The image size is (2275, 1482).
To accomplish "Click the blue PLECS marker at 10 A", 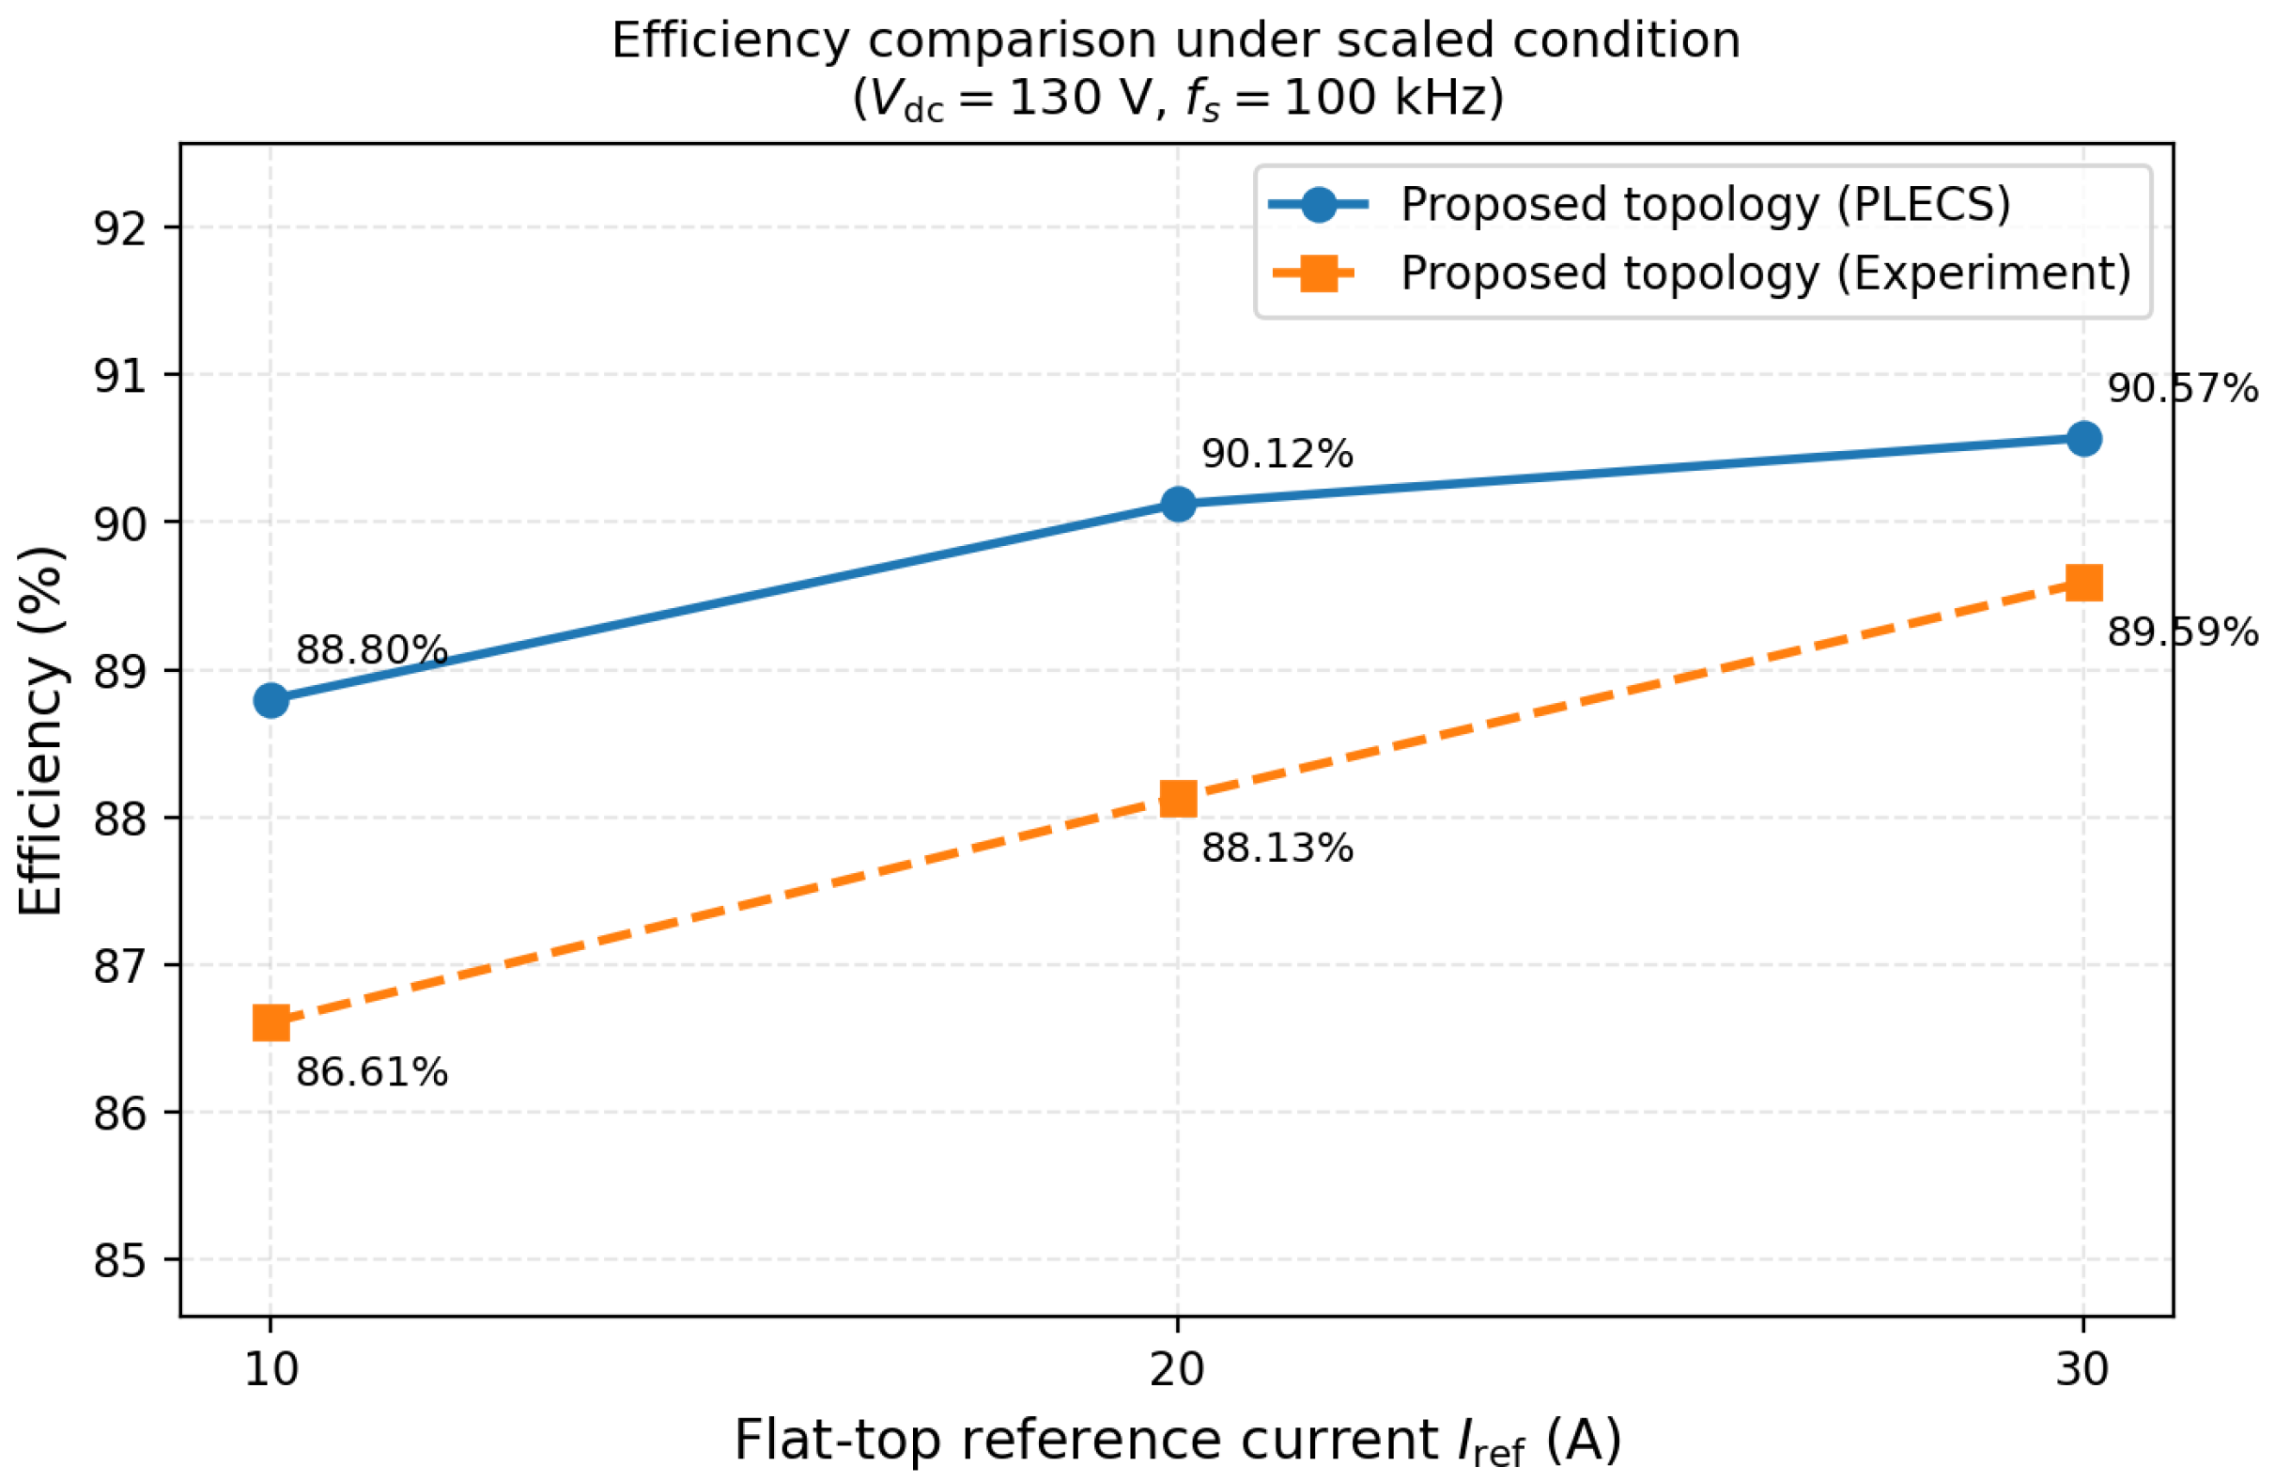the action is [x=271, y=700].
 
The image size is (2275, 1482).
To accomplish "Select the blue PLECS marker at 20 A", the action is [x=1178, y=504].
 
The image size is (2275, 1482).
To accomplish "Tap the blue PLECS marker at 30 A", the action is [x=2083, y=439].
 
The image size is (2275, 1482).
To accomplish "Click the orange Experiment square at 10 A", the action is [x=271, y=1023].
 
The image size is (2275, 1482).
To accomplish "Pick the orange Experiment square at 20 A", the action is [x=1178, y=799].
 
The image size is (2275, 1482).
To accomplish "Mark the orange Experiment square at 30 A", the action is [x=2083, y=583].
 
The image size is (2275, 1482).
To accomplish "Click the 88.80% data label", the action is [x=372, y=650].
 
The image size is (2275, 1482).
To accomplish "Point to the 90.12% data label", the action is [x=1277, y=454].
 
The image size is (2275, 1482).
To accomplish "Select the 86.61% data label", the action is [x=372, y=1073].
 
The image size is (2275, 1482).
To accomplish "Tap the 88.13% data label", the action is [x=1277, y=848].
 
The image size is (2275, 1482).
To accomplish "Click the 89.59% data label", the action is [x=2183, y=632].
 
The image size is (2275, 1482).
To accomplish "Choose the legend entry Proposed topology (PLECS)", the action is [x=1705, y=205].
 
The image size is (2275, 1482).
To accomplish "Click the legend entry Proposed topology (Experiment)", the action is [x=1766, y=273].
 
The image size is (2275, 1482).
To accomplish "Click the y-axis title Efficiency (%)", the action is [x=41, y=730].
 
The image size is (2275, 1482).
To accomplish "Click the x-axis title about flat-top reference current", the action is [x=1178, y=1441].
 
